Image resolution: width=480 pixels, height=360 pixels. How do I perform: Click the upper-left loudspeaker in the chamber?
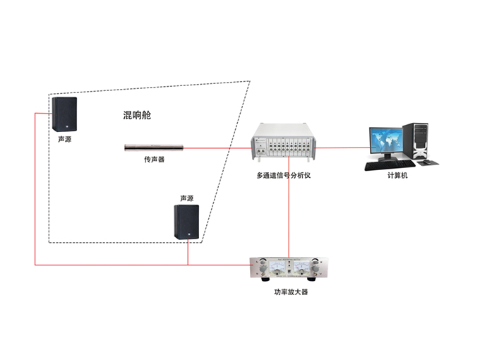(64, 114)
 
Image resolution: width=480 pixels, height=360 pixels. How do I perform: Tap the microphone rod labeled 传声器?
(154, 148)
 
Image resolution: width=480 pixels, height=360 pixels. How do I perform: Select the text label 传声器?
(154, 160)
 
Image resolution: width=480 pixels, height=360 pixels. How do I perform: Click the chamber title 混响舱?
(137, 115)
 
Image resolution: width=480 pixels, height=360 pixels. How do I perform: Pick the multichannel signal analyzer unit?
(285, 147)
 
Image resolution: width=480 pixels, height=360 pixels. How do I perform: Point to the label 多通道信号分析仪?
(285, 174)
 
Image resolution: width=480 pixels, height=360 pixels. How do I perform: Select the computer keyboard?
(386, 166)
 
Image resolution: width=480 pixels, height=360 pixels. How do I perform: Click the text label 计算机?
(397, 175)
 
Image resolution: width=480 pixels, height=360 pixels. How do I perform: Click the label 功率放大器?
(290, 291)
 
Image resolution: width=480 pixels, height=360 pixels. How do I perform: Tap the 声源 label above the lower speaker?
(186, 198)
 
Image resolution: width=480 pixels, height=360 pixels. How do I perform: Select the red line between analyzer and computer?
(342, 148)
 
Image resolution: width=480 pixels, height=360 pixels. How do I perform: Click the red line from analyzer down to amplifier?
(288, 212)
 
